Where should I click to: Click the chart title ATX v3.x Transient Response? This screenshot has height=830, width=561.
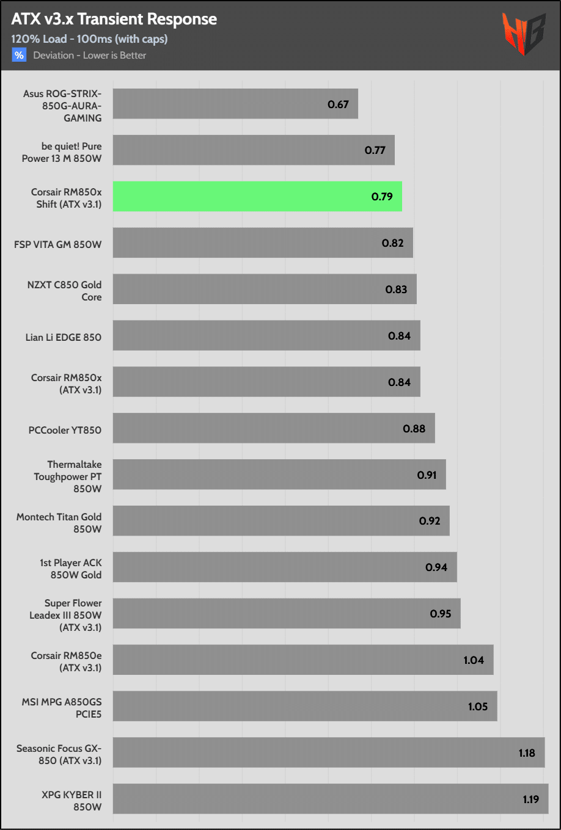(x=114, y=20)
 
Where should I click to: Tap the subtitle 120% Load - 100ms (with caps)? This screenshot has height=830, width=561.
(x=89, y=39)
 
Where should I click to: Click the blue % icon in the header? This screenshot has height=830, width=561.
(x=20, y=55)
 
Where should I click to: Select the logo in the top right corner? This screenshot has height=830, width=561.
(x=524, y=34)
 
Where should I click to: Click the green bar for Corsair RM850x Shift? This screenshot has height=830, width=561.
(x=257, y=197)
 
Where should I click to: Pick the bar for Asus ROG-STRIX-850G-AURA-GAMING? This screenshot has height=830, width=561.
(x=235, y=104)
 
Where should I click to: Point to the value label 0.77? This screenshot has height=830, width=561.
(x=375, y=150)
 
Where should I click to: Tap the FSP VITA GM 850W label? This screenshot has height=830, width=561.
(x=58, y=244)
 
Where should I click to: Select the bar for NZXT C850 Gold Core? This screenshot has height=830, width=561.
(x=265, y=289)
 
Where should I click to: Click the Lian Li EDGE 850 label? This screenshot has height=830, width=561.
(x=64, y=337)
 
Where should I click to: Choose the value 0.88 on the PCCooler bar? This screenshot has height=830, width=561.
(x=414, y=429)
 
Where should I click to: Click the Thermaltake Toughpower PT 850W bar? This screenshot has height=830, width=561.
(x=279, y=475)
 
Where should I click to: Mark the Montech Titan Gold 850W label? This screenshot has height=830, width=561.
(x=59, y=523)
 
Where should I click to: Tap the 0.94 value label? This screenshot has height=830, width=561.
(x=436, y=567)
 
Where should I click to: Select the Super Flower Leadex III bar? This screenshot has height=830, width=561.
(x=287, y=614)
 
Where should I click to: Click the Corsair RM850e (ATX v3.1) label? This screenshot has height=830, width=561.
(x=67, y=661)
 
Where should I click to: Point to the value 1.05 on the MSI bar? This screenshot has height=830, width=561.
(x=478, y=707)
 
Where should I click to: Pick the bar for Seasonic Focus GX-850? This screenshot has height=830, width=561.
(x=329, y=752)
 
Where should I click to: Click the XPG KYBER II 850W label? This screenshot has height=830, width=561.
(x=71, y=801)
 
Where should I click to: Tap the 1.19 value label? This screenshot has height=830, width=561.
(x=530, y=799)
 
